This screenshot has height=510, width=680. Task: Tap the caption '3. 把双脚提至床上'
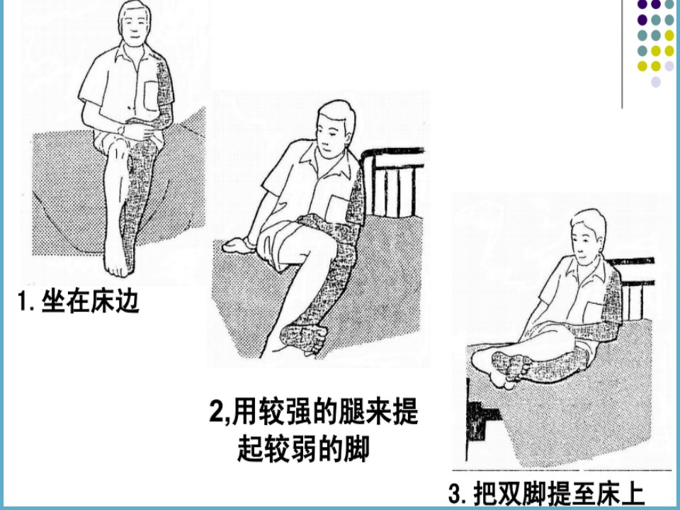tap(546, 494)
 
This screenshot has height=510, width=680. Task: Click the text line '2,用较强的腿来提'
tap(314, 410)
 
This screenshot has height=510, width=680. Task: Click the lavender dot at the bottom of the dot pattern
tap(656, 81)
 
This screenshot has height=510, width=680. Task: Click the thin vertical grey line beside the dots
tap(623, 55)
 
